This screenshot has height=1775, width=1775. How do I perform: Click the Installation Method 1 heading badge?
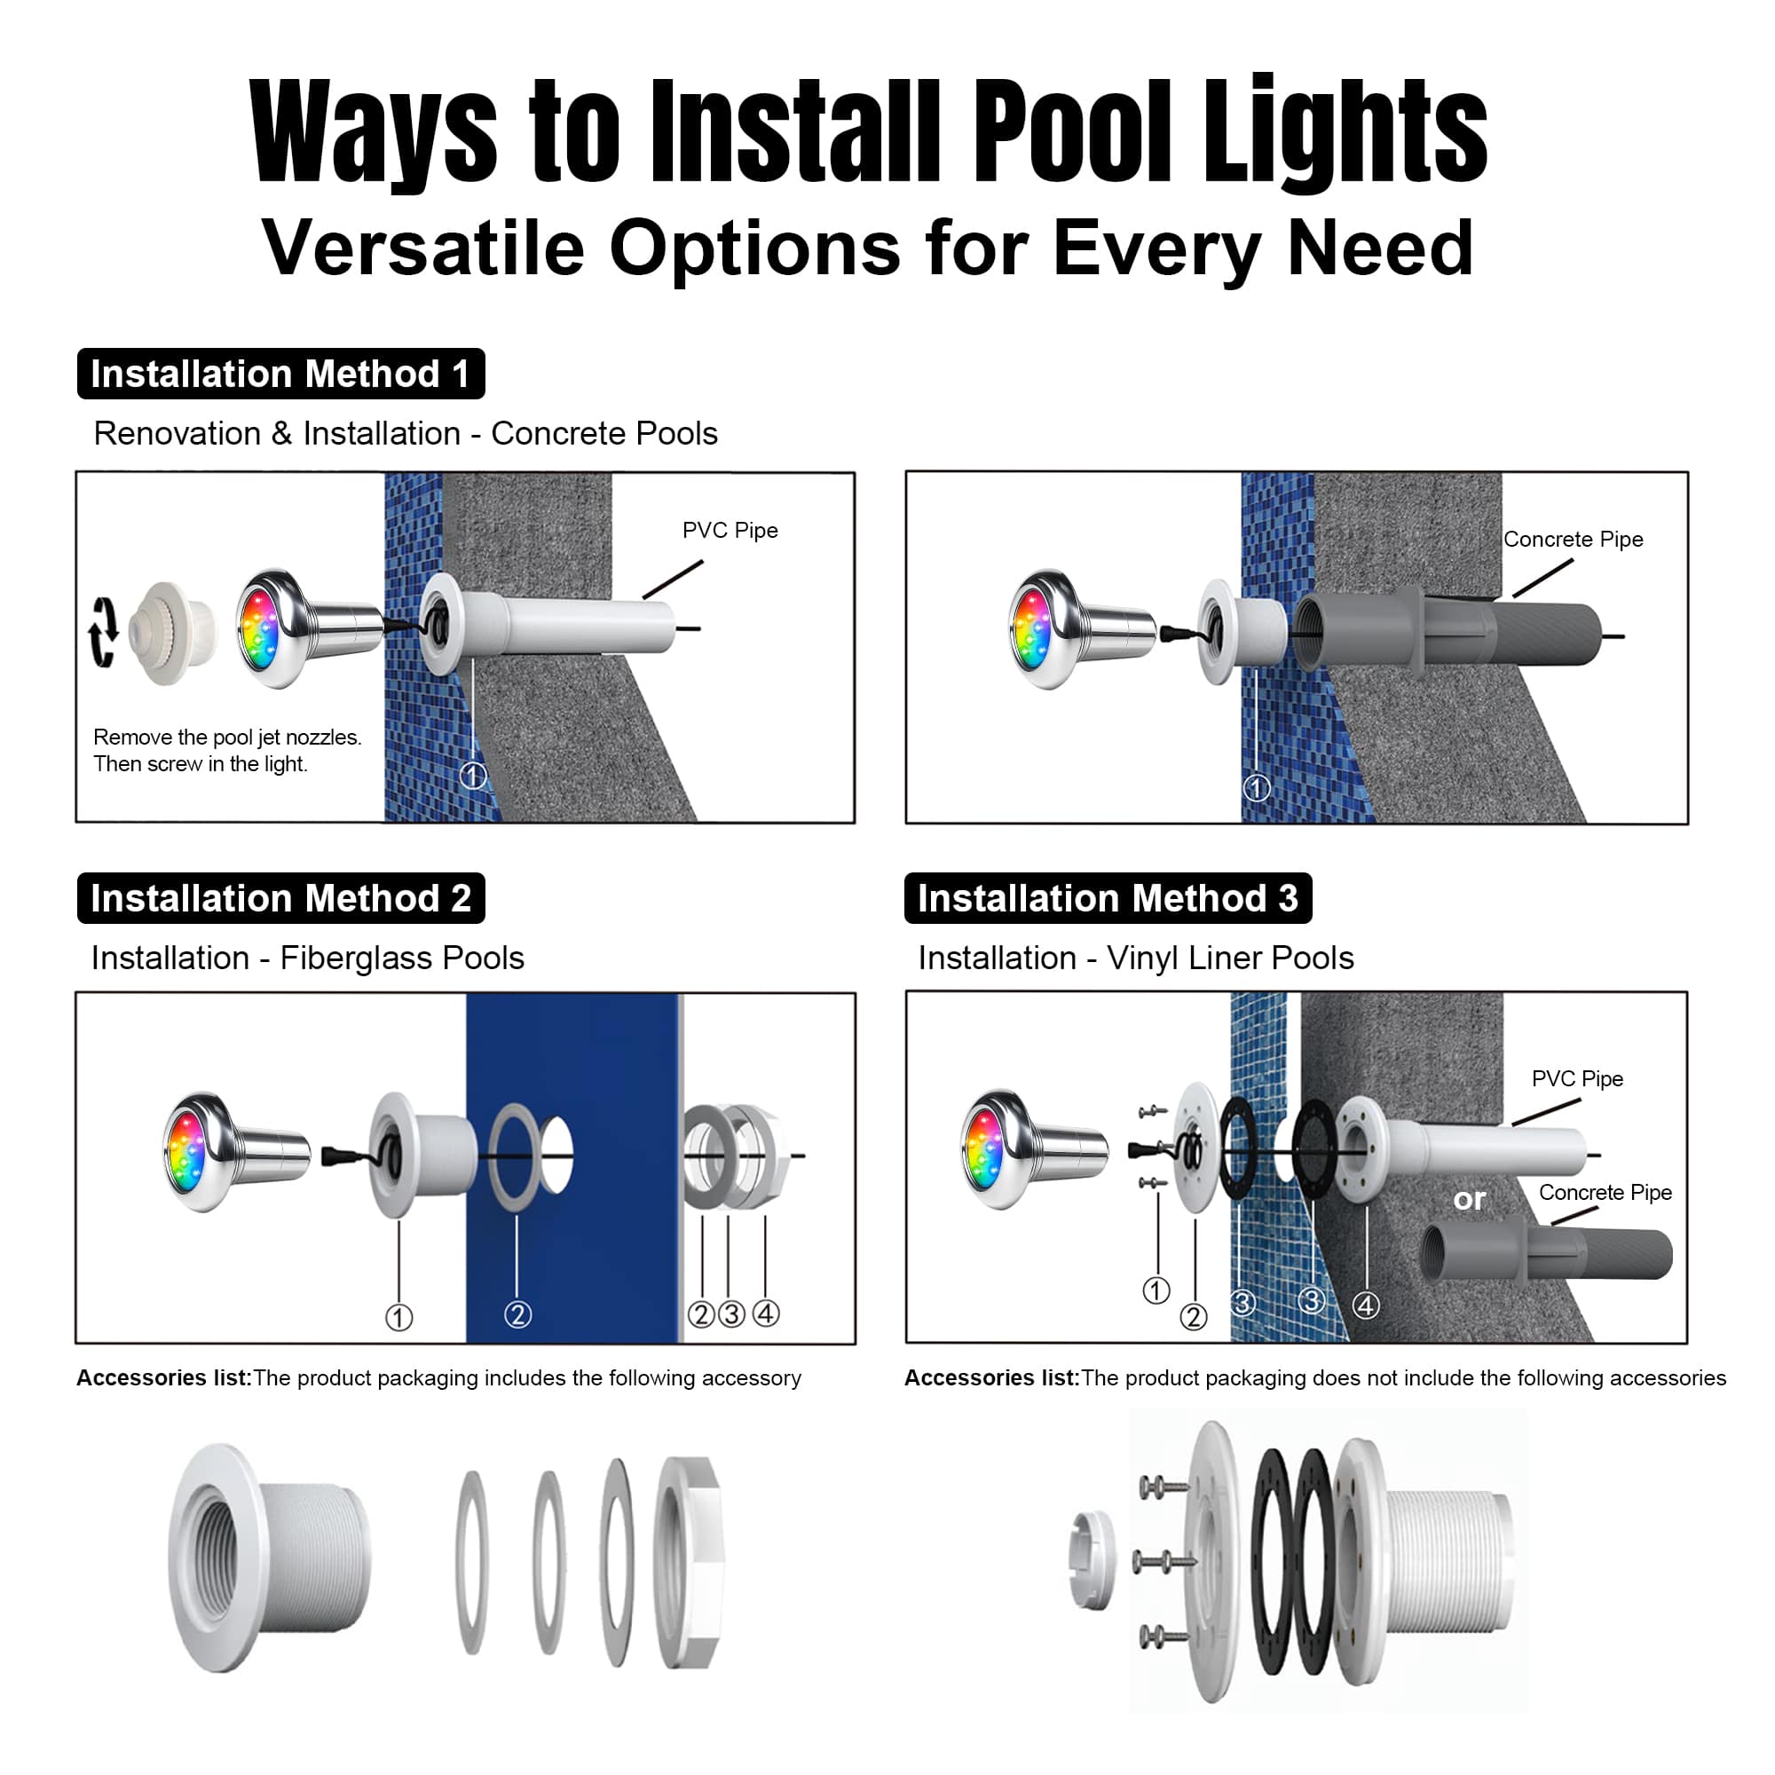click(x=280, y=374)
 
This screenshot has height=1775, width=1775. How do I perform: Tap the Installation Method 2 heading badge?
click(x=280, y=897)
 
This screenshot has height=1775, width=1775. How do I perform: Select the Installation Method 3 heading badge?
click(x=1108, y=897)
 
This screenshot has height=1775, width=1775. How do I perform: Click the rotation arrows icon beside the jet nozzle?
click(x=103, y=632)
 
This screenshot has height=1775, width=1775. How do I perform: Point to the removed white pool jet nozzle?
click(x=174, y=633)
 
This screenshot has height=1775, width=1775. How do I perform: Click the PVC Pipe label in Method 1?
click(x=730, y=530)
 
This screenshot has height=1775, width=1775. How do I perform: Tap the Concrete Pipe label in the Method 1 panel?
click(x=1573, y=540)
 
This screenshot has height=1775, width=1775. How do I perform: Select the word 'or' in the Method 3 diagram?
click(x=1469, y=1199)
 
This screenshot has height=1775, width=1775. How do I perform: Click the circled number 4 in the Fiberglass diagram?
click(x=765, y=1313)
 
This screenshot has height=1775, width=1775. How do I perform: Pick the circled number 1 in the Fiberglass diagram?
click(x=398, y=1317)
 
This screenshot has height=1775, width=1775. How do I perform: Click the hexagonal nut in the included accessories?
click(x=689, y=1562)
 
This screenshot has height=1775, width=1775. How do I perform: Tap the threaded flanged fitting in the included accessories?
click(x=269, y=1558)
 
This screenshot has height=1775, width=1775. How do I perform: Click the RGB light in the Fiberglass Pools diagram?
click(x=237, y=1152)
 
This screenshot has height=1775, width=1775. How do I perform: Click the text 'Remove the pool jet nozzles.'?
click(x=228, y=737)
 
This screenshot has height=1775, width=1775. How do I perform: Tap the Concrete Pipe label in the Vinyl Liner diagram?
click(x=1605, y=1192)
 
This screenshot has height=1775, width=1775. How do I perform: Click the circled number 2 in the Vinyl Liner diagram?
click(x=1194, y=1316)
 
